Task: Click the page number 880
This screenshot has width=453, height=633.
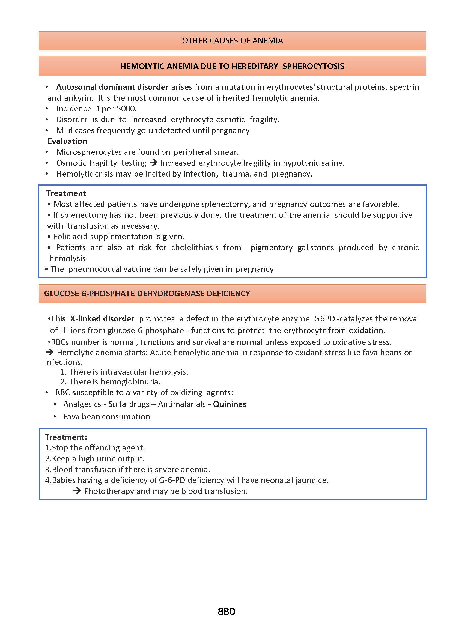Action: tap(226, 611)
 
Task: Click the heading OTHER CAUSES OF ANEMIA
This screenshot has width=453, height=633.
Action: tap(232, 41)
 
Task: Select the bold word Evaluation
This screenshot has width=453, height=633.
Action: tap(67, 141)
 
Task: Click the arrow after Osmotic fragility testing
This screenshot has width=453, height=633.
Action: tap(153, 162)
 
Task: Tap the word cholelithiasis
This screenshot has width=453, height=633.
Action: tap(195, 247)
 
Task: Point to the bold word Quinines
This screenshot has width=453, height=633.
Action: tap(229, 404)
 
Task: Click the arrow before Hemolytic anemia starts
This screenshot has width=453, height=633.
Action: tap(50, 352)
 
